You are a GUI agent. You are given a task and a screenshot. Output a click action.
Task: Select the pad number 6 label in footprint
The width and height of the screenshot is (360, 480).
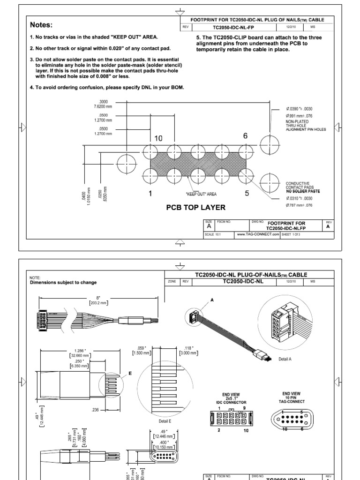coord(245,135)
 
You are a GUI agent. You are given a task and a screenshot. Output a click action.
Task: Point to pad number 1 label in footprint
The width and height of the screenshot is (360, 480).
coord(151,194)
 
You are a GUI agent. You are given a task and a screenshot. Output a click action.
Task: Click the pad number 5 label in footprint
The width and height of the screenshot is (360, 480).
coord(247,193)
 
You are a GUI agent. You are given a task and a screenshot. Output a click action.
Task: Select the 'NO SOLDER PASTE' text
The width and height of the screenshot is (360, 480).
coord(302,191)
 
